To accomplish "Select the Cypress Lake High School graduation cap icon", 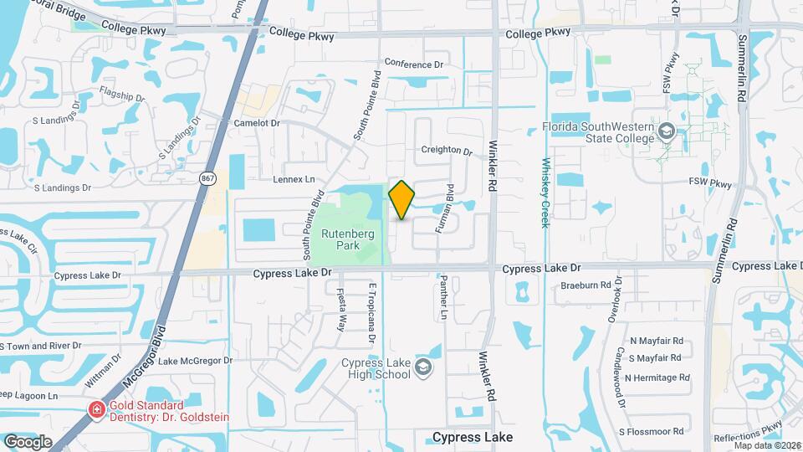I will (x=423, y=367).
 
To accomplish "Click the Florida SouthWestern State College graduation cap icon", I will (x=666, y=131).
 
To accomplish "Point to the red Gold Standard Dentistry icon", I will (x=98, y=409).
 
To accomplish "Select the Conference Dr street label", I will (x=413, y=64).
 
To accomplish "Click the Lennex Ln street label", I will (x=293, y=179).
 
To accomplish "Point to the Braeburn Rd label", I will (x=586, y=285).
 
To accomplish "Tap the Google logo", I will (x=28, y=441).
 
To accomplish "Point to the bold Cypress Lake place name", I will (x=473, y=437).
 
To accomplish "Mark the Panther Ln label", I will (x=445, y=299).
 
